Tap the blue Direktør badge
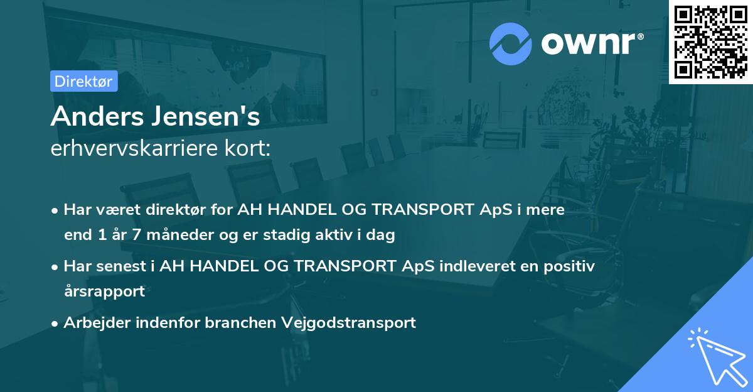point(83,81)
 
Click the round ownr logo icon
point(511,43)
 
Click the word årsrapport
point(104,291)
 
